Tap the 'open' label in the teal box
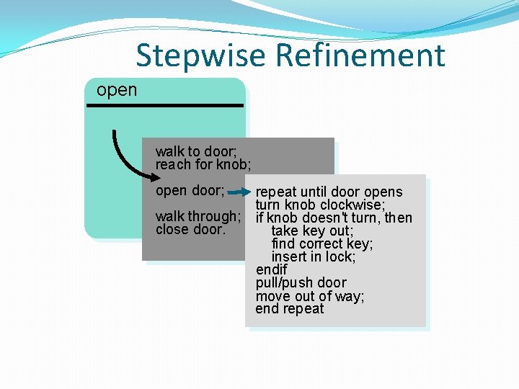coord(116,90)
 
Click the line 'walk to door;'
coord(196,151)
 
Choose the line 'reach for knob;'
coord(203,164)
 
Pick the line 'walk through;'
coord(198,216)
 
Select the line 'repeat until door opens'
coord(329,192)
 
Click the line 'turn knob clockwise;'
coord(319,205)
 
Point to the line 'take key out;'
coord(312,231)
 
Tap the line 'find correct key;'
coord(322,244)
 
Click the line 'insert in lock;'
coord(314,257)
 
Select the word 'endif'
coord(271,270)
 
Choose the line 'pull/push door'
coord(301,282)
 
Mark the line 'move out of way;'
coord(310,296)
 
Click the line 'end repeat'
coord(290,309)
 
